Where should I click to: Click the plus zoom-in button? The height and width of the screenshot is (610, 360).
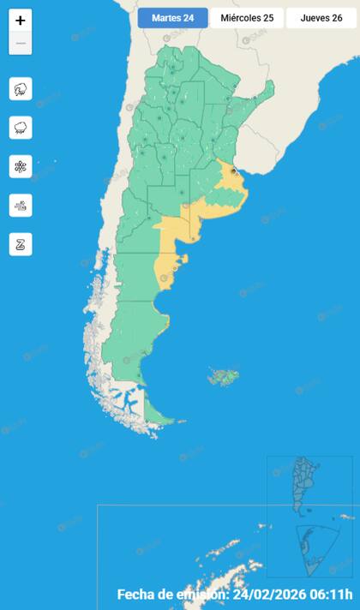point(21,21)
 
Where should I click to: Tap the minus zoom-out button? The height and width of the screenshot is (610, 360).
point(21,44)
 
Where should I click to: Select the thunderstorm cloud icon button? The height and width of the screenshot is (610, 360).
point(21,88)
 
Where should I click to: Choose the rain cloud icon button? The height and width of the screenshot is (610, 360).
point(21,128)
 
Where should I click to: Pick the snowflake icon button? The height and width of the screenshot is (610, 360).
point(21,166)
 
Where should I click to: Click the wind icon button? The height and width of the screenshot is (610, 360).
point(21,205)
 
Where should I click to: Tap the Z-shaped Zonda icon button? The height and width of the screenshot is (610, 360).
point(21,243)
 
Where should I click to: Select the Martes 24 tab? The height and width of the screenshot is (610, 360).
point(172,18)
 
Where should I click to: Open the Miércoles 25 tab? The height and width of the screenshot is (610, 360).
point(247,18)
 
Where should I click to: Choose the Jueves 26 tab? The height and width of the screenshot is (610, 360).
point(321,18)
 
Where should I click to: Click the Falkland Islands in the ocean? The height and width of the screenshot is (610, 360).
point(225,375)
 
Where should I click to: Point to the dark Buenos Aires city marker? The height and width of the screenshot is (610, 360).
point(233,171)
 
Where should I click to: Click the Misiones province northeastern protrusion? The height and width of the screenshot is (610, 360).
point(267,90)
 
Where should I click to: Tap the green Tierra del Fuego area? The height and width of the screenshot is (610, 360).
point(158,414)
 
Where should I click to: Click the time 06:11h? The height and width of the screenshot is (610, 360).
point(331,595)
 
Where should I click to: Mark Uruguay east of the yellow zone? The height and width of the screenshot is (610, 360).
point(257,158)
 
